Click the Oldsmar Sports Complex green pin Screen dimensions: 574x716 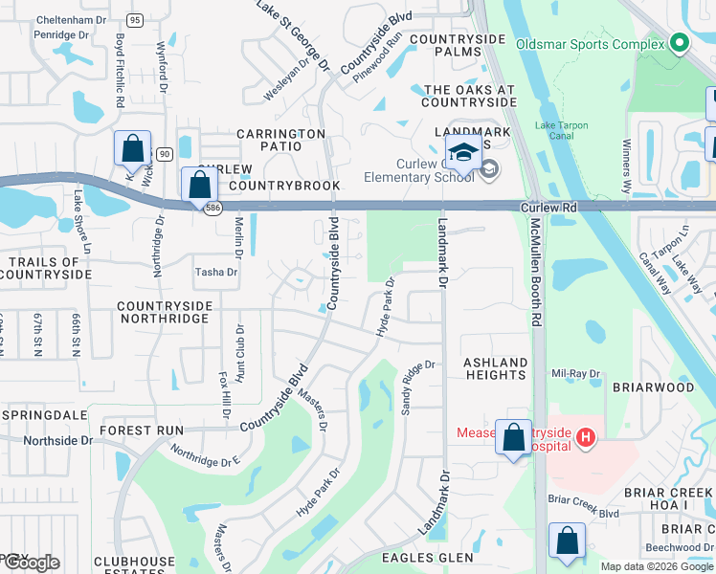(680, 44)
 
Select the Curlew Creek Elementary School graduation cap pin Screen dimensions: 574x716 (463, 154)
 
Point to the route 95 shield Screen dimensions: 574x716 (135, 20)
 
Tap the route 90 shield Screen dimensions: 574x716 (164, 153)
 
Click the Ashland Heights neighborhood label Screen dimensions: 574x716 (496, 368)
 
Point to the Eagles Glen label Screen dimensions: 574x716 (428, 558)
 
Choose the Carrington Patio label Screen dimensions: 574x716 (281, 140)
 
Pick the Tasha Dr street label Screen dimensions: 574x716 (215, 272)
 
